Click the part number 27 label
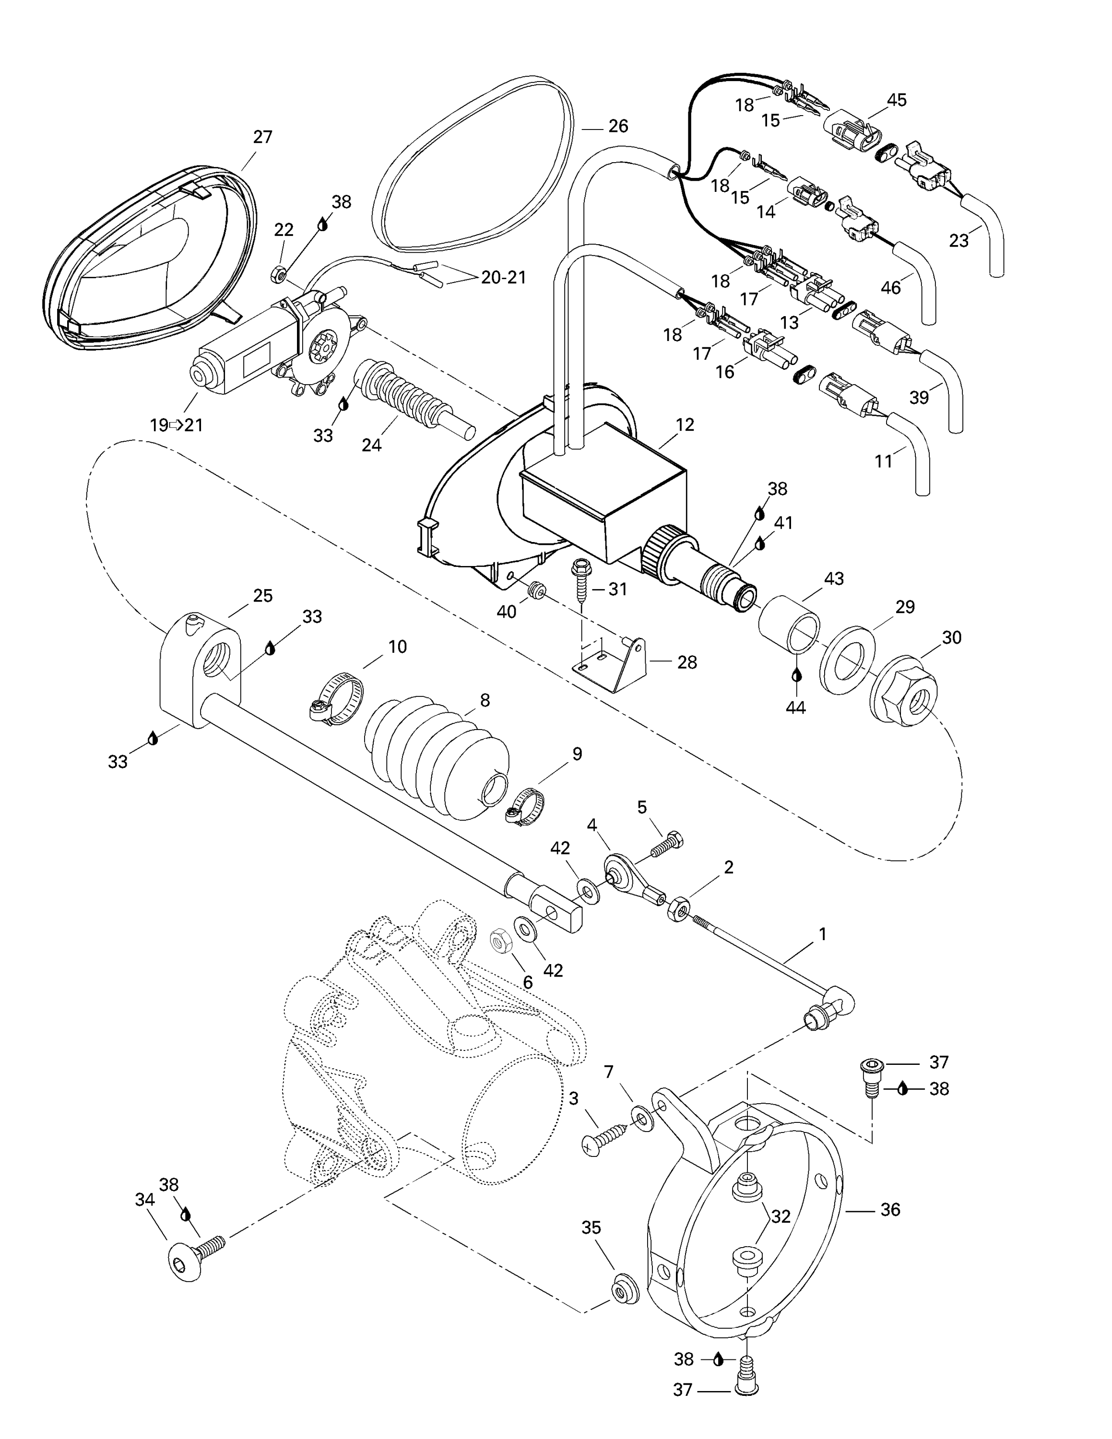point(262,137)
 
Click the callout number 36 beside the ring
point(890,1210)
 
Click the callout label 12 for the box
point(685,425)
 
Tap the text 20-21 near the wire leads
point(503,277)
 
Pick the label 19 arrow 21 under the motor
point(176,425)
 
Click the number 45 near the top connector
point(897,100)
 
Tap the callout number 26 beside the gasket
point(618,126)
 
